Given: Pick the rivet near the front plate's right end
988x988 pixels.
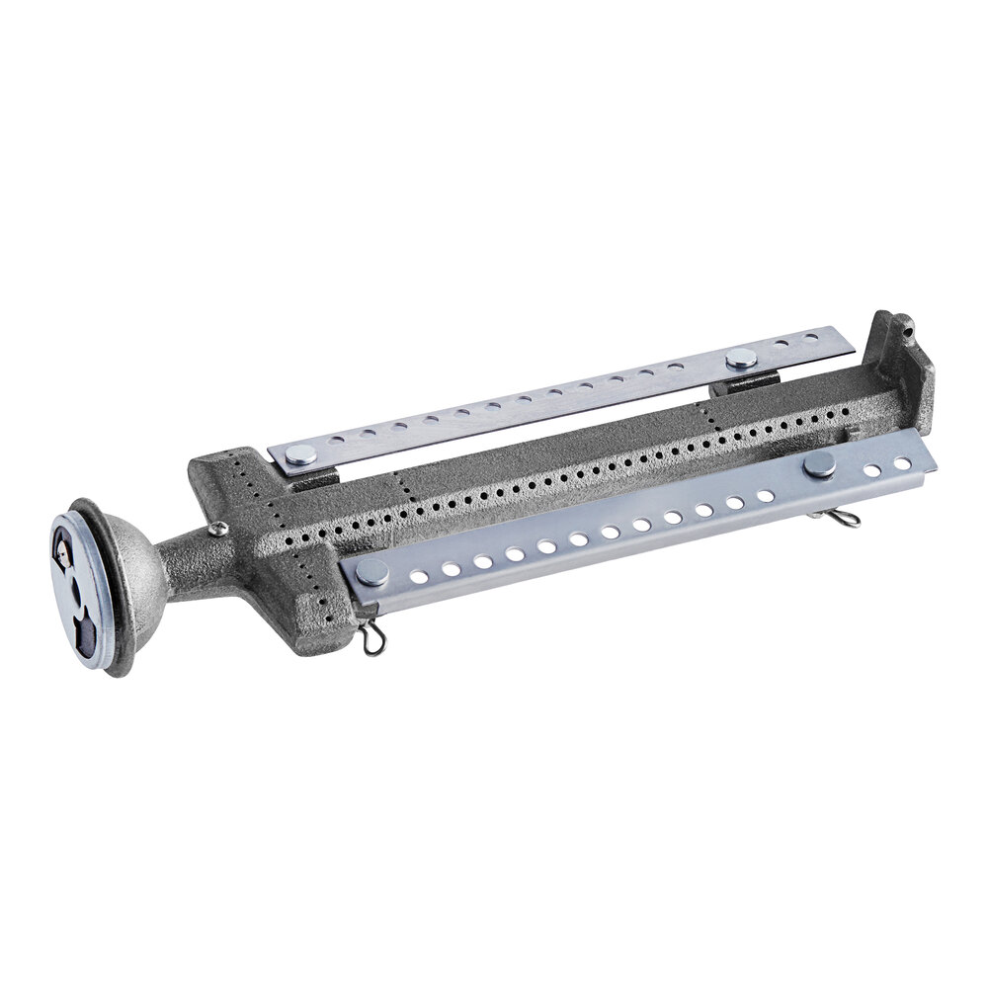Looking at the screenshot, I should [819, 465].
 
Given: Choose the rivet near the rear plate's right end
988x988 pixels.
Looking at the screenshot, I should [740, 358].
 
